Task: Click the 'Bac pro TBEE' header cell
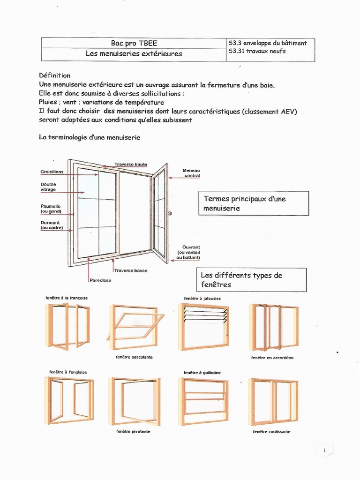[x=134, y=43]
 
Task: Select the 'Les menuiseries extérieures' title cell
[x=134, y=54]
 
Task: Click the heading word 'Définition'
[x=54, y=75]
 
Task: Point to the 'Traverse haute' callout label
[x=131, y=165]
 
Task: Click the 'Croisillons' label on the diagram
[x=52, y=172]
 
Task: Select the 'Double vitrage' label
[x=48, y=187]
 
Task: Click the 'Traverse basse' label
[x=131, y=270]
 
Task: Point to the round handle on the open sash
[x=169, y=214]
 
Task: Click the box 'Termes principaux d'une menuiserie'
[x=253, y=203]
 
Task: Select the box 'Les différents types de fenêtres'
[x=251, y=280]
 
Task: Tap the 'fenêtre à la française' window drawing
[x=67, y=326]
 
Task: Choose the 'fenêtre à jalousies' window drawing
[x=203, y=326]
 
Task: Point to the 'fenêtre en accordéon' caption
[x=272, y=358]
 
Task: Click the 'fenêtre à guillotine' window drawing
[x=203, y=401]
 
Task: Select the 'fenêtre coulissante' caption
[x=271, y=432]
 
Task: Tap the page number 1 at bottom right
[x=324, y=450]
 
